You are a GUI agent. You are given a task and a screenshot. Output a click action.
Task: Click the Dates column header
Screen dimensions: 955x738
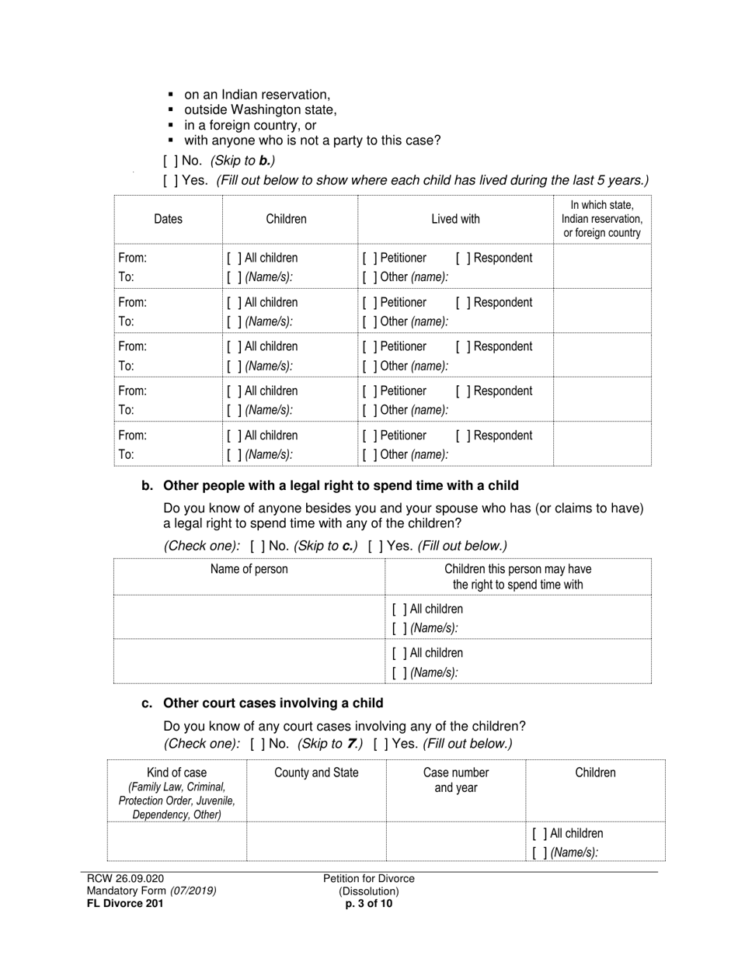[168, 219]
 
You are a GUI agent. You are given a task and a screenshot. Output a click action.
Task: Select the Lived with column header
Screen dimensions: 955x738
[455, 219]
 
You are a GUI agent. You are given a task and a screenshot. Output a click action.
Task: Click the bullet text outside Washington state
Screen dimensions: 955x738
[260, 110]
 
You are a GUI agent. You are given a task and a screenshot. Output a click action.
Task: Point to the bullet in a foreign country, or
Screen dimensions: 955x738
[250, 125]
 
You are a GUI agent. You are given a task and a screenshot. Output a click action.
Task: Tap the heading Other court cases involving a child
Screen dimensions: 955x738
[273, 703]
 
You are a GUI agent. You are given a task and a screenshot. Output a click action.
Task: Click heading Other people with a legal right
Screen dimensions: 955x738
[340, 486]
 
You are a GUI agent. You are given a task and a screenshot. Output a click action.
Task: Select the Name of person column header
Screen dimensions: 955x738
[249, 569]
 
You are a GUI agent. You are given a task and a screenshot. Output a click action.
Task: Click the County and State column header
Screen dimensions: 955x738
[316, 773]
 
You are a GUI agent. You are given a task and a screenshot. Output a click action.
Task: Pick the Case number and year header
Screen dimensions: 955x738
[456, 780]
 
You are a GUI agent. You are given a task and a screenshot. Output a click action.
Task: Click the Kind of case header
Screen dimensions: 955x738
[176, 773]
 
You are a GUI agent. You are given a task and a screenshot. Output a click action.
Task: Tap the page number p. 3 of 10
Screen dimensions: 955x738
[369, 903]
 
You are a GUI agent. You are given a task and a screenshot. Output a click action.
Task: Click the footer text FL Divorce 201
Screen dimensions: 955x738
[125, 903]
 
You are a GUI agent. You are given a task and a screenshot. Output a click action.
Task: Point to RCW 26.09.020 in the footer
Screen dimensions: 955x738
[125, 878]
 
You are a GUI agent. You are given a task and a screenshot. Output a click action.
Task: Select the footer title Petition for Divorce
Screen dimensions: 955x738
[369, 878]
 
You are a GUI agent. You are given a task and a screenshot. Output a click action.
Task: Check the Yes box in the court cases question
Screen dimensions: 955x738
[379, 744]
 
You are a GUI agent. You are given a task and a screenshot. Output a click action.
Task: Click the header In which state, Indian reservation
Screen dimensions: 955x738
[602, 219]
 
